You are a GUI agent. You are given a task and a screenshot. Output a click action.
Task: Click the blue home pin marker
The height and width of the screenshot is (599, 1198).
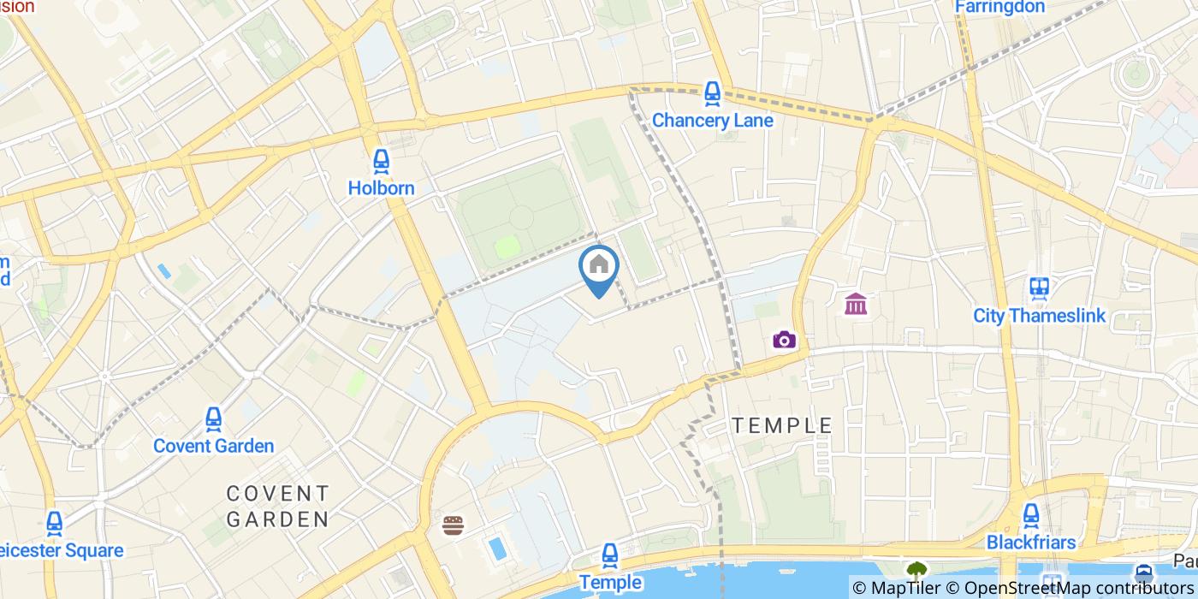[599, 266]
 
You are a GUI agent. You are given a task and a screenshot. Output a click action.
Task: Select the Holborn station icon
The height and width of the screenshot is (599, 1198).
[381, 160]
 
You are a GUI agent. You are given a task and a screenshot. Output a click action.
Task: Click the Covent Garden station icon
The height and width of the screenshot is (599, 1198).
[213, 418]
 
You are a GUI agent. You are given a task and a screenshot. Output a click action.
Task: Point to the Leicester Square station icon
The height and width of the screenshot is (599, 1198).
[55, 523]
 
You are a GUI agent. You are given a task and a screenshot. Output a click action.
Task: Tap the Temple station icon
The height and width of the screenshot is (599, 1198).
[610, 555]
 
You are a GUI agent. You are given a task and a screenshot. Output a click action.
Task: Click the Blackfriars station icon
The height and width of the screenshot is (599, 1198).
[1030, 515]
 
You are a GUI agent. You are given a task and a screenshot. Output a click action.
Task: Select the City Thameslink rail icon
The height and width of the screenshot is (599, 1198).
[1040, 288]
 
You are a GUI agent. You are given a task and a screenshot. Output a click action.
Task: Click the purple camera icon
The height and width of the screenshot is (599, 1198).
[784, 340]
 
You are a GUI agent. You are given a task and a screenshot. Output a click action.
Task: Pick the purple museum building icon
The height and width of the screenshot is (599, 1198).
[856, 304]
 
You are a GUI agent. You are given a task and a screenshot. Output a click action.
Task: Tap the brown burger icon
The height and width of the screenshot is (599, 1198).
[453, 525]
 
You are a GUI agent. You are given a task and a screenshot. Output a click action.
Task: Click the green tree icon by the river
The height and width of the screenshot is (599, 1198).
[916, 569]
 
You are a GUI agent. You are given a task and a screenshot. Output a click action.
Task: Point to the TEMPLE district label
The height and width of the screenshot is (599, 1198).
[782, 425]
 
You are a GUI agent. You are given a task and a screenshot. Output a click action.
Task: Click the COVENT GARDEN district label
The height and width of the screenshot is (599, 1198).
[277, 506]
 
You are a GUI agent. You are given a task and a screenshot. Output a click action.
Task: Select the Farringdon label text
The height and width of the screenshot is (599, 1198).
[999, 7]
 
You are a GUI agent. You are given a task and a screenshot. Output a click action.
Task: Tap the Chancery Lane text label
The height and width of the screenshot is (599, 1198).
[712, 120]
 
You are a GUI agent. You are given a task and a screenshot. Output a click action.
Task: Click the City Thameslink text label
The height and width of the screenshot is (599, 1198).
[1039, 316]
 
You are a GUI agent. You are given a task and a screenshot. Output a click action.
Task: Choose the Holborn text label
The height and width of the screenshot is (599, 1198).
[381, 188]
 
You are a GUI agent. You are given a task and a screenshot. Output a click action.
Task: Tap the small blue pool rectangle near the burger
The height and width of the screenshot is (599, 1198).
[496, 548]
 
